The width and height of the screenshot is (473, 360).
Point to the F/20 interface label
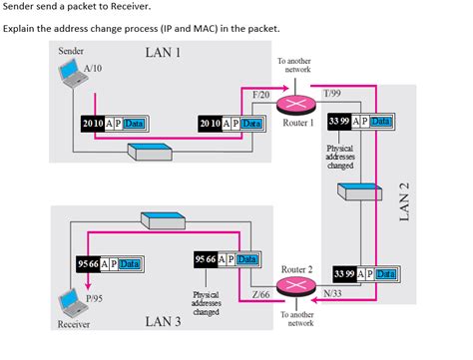261,93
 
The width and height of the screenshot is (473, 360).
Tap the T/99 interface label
332,93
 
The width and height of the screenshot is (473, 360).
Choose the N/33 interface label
333,293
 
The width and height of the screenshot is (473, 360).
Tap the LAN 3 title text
164,320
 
